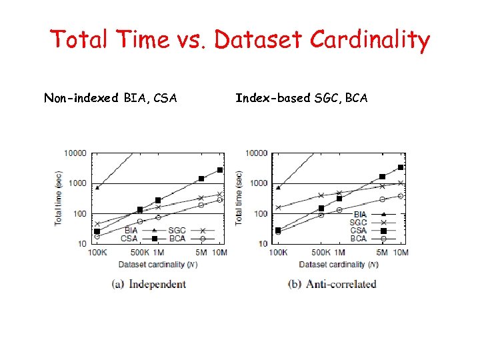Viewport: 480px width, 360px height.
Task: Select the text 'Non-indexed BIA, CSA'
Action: click(x=111, y=99)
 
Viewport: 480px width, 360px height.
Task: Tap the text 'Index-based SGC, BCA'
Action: click(x=301, y=99)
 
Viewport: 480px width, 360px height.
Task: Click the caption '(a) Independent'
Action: click(x=149, y=284)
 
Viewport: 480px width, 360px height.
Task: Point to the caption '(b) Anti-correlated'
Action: click(x=331, y=284)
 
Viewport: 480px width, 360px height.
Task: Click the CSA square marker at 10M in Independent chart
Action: click(x=219, y=170)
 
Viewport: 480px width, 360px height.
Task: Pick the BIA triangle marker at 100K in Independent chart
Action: click(x=97, y=187)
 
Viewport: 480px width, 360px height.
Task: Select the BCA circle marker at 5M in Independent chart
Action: click(x=201, y=205)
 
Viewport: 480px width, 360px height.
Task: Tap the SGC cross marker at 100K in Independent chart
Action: click(x=97, y=224)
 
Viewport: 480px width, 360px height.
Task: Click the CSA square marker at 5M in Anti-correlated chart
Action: click(x=383, y=177)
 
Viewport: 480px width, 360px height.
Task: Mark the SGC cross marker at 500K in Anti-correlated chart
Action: click(x=321, y=195)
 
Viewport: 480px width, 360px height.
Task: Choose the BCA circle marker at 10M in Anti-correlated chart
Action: click(x=401, y=196)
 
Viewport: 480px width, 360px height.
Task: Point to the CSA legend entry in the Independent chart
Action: click(x=139, y=238)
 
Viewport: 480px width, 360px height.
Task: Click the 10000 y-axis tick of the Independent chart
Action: click(x=75, y=153)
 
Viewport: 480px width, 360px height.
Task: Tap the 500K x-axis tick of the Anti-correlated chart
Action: click(x=321, y=253)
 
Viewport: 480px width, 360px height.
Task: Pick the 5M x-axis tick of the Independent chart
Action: click(x=201, y=253)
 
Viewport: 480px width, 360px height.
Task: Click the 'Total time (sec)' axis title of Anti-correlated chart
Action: click(x=239, y=197)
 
